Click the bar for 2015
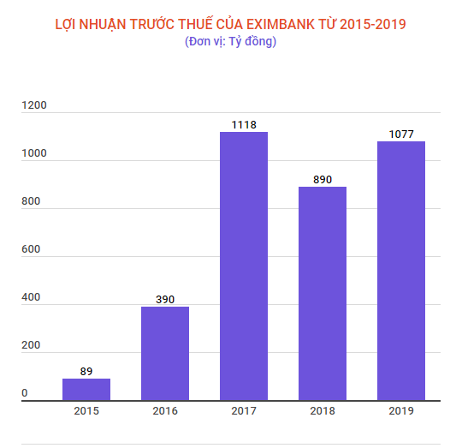tap(86, 390)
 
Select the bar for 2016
tap(165, 353)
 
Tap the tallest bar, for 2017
tap(244, 266)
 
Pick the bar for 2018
tap(323, 293)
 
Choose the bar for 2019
tap(401, 271)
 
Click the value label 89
tap(86, 371)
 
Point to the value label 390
tap(165, 299)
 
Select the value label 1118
tap(244, 124)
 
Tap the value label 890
tap(323, 179)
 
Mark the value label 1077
tap(401, 134)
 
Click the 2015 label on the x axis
tap(86, 411)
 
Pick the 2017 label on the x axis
tap(244, 411)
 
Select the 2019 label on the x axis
tap(401, 411)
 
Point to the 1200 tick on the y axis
tap(35, 105)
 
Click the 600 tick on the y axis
tap(31, 249)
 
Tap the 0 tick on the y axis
tap(25, 393)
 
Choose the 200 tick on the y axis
tap(31, 345)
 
